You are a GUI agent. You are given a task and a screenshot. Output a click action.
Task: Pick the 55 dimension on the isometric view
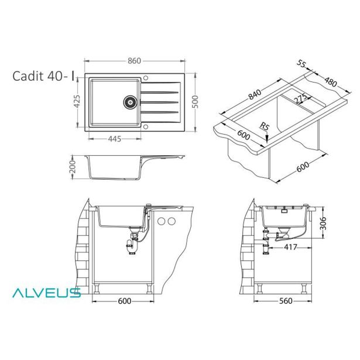pyautogui.click(x=301, y=64)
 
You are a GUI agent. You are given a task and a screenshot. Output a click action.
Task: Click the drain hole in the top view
pyautogui.click(x=129, y=101)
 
